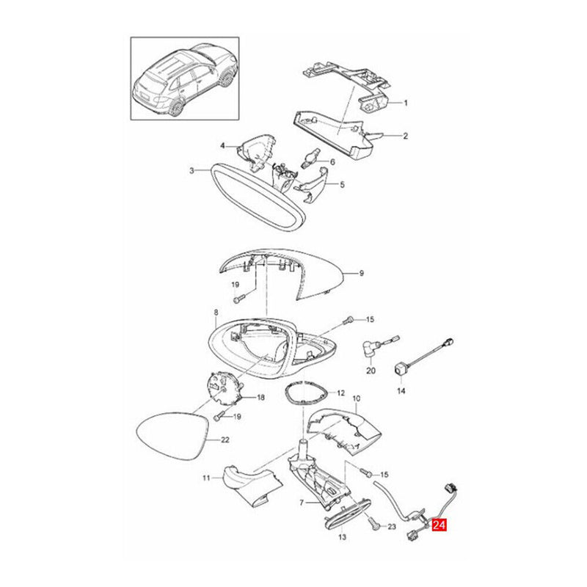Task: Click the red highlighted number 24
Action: (x=440, y=525)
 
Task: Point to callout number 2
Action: (x=404, y=136)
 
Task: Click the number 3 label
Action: (x=192, y=171)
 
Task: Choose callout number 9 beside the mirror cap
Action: (x=361, y=274)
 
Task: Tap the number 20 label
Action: (x=371, y=372)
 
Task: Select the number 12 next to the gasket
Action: (x=340, y=393)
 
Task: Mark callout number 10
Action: (x=357, y=400)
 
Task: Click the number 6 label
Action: (x=332, y=162)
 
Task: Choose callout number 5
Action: (x=341, y=185)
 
